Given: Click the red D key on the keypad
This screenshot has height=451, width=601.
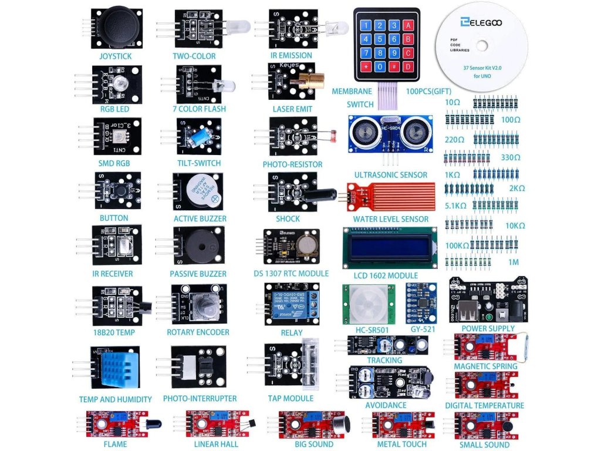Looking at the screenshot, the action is pyautogui.click(x=408, y=66).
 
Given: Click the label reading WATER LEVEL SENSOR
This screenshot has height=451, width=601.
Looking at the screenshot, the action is pyautogui.click(x=391, y=219).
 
